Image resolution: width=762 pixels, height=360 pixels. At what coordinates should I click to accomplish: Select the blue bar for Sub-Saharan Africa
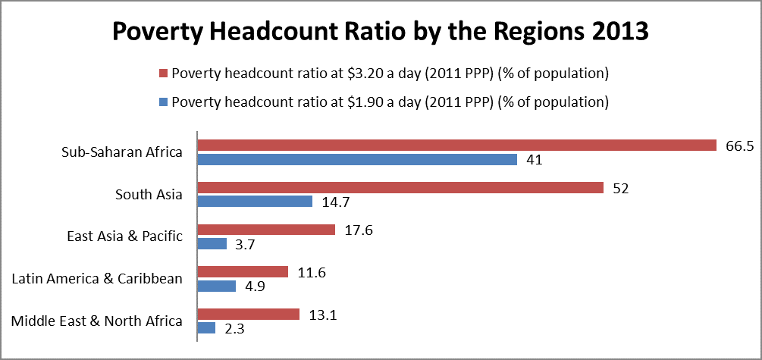(356, 159)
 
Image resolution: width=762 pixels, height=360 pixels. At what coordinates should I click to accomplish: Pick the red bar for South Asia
(400, 187)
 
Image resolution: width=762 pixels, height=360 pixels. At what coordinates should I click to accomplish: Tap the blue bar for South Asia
(255, 201)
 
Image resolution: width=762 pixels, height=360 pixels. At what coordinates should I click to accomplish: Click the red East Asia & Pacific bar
(266, 230)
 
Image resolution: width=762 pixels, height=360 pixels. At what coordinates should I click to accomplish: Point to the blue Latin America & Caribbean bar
(216, 286)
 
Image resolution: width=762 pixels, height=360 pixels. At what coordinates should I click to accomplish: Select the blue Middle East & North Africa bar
(206, 328)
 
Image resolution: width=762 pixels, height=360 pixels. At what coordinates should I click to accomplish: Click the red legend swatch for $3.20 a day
(162, 74)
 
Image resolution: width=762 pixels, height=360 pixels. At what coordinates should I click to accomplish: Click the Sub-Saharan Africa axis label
(121, 152)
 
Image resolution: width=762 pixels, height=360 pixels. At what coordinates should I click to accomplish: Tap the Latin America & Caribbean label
(97, 278)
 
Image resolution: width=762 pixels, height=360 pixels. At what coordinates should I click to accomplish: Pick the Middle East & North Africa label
(97, 321)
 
